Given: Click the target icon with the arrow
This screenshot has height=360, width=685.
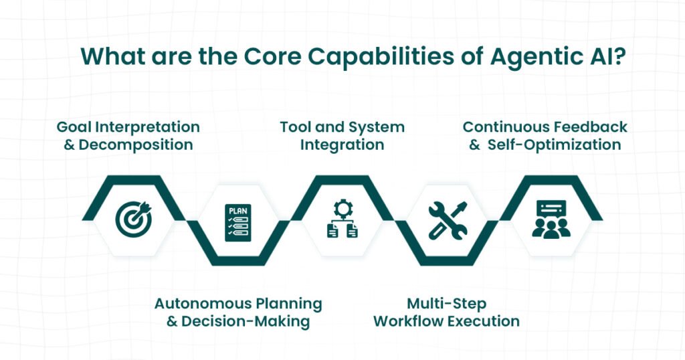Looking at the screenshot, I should click(133, 219).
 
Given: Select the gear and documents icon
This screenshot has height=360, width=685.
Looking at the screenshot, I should click(342, 219).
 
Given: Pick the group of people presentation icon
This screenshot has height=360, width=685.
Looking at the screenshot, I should click(551, 219).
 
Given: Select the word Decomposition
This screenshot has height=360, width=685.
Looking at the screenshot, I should click(136, 145).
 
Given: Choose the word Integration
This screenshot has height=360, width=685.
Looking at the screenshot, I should click(342, 145).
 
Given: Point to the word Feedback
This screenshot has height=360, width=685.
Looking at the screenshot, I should click(590, 126).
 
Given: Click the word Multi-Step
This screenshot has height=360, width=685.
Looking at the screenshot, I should click(446, 303).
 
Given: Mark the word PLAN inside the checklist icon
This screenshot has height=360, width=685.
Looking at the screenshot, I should click(238, 210).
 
